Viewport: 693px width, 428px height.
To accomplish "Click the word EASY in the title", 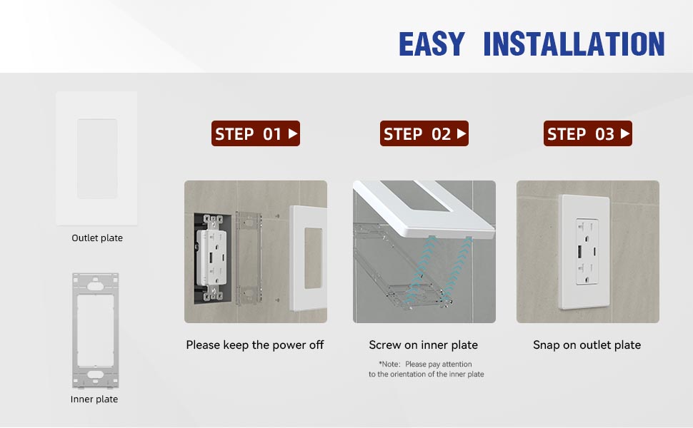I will pyautogui.click(x=431, y=44).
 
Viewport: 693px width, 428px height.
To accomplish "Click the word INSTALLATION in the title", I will pyautogui.click(x=574, y=44).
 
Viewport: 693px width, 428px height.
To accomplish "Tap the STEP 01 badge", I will pyautogui.click(x=256, y=133).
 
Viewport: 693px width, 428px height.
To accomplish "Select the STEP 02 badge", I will pyautogui.click(x=424, y=133).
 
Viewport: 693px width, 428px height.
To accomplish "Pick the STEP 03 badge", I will pyautogui.click(x=588, y=133).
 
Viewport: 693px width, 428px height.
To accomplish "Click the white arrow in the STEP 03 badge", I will pyautogui.click(x=625, y=133).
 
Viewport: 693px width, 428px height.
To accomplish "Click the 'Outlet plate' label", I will pyautogui.click(x=97, y=238).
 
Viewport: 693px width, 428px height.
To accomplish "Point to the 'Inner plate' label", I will pyautogui.click(x=94, y=399).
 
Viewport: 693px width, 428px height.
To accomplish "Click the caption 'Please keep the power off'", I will pyautogui.click(x=255, y=345).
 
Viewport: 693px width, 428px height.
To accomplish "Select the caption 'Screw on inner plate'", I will pyautogui.click(x=424, y=345).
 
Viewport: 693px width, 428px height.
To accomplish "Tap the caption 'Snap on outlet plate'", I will pyautogui.click(x=587, y=345).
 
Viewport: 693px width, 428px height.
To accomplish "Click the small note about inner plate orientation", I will pyautogui.click(x=426, y=369).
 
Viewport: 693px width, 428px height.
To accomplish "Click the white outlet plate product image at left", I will pyautogui.click(x=96, y=158).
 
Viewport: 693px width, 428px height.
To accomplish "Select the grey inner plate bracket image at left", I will pyautogui.click(x=95, y=330).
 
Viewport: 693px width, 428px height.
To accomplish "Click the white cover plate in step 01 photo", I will pyautogui.click(x=308, y=257).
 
